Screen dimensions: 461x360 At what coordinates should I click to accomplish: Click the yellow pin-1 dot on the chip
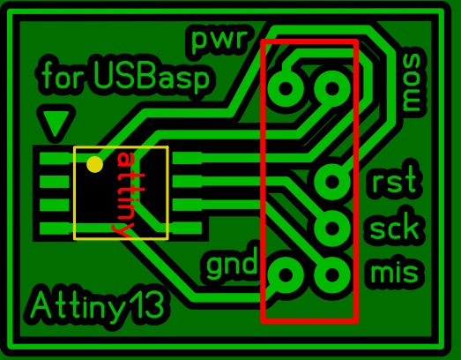pyautogui.click(x=94, y=164)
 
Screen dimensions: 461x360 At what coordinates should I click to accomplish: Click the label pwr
pyautogui.click(x=218, y=40)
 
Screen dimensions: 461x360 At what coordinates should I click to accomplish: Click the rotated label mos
pyautogui.click(x=414, y=82)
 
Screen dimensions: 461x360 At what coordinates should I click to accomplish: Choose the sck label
pyautogui.click(x=394, y=226)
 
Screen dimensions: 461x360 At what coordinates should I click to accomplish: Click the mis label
pyautogui.click(x=395, y=271)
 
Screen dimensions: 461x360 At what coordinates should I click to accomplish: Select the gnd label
pyautogui.click(x=232, y=266)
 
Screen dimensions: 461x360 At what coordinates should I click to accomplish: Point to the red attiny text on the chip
pyautogui.click(x=126, y=195)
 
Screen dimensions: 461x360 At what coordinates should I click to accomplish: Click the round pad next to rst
pyautogui.click(x=332, y=181)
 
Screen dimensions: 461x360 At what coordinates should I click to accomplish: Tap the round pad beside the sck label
pyautogui.click(x=332, y=228)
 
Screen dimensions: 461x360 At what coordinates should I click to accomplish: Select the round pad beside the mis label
pyautogui.click(x=332, y=274)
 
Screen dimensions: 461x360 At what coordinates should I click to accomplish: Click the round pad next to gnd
pyautogui.click(x=286, y=274)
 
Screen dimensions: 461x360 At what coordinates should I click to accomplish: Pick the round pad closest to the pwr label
pyautogui.click(x=286, y=88)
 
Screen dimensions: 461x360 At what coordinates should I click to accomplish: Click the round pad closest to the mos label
pyautogui.click(x=332, y=88)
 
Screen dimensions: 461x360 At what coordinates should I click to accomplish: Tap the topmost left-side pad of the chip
pyautogui.click(x=55, y=158)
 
